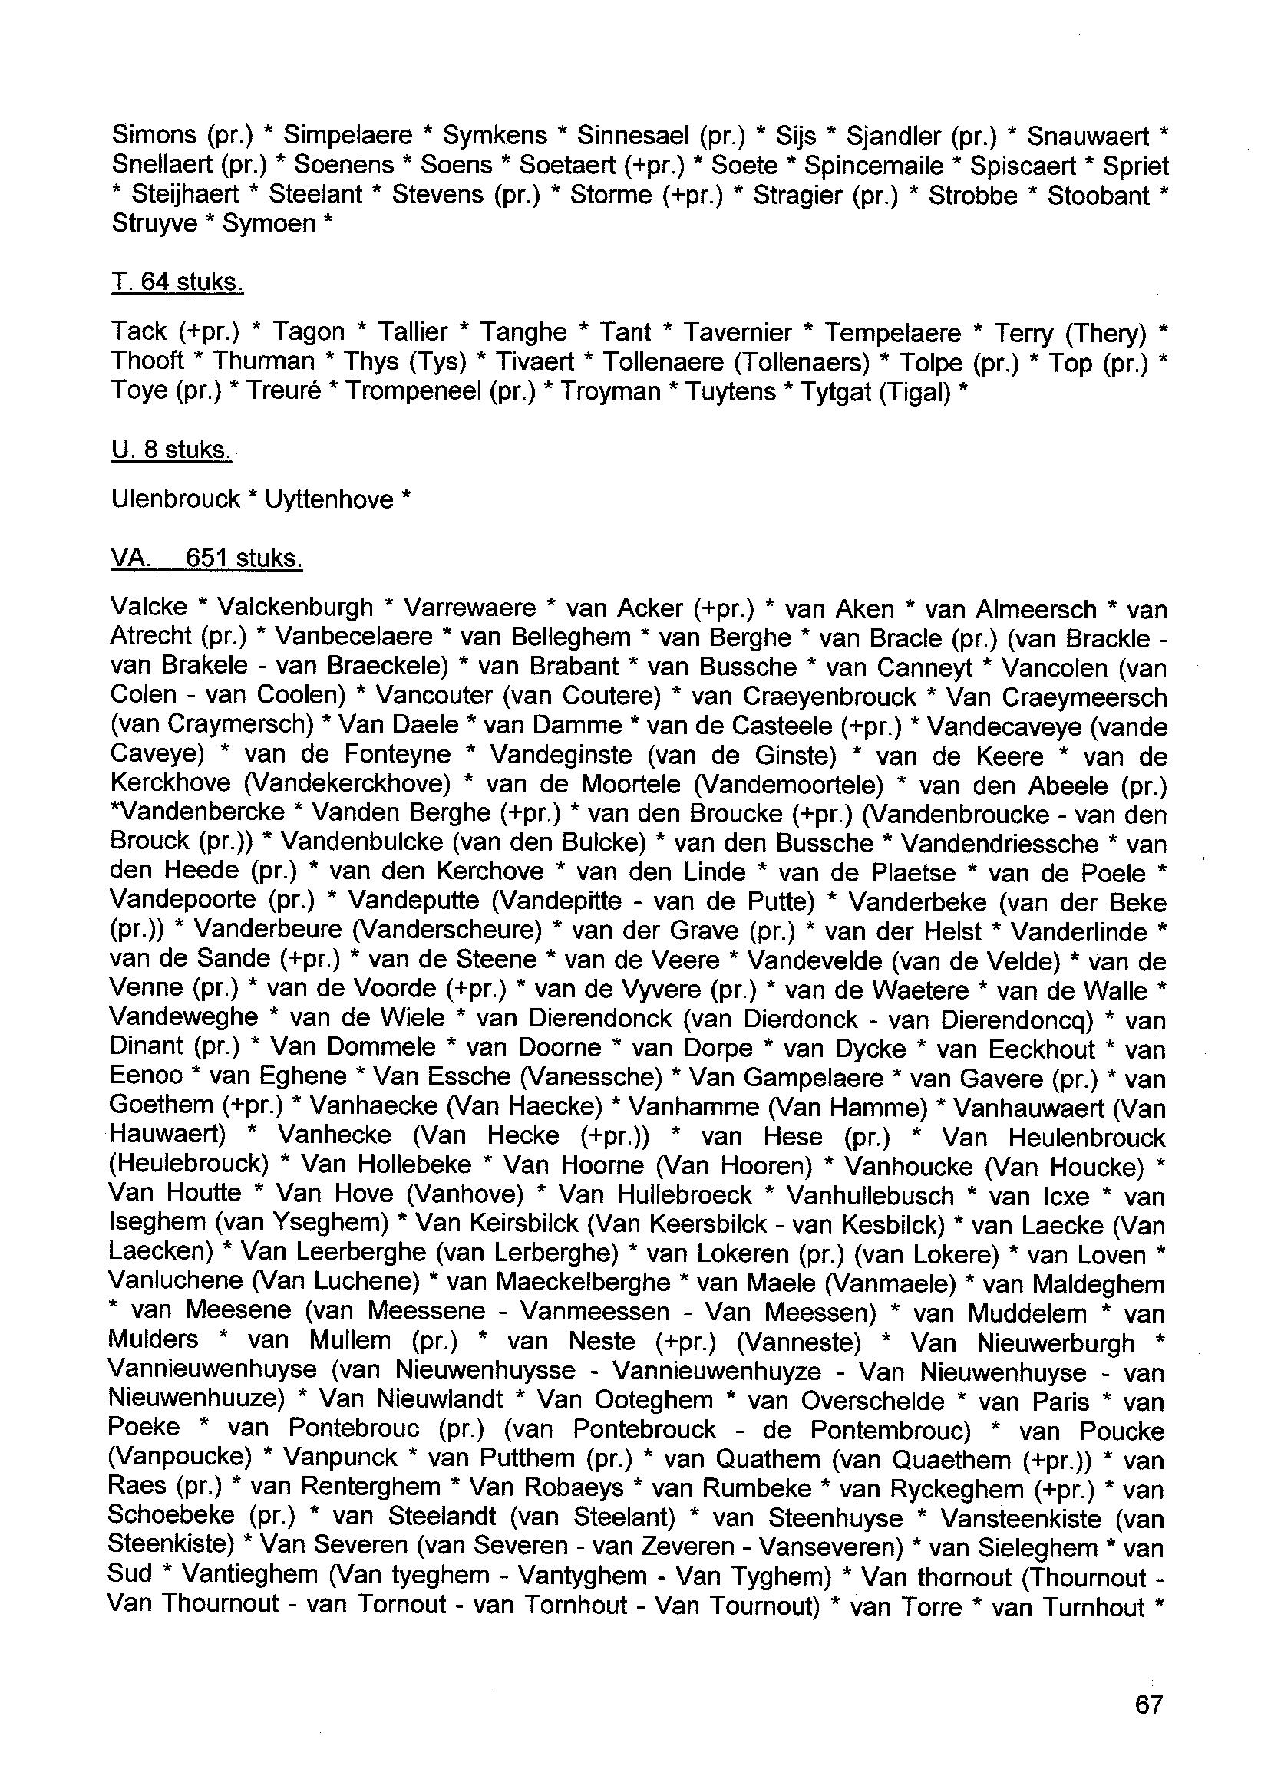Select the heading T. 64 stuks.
coord(177,282)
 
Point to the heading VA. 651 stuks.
coord(206,558)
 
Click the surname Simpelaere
coord(348,136)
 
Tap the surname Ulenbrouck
coord(175,499)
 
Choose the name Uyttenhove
coord(328,499)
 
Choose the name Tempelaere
coord(892,332)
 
